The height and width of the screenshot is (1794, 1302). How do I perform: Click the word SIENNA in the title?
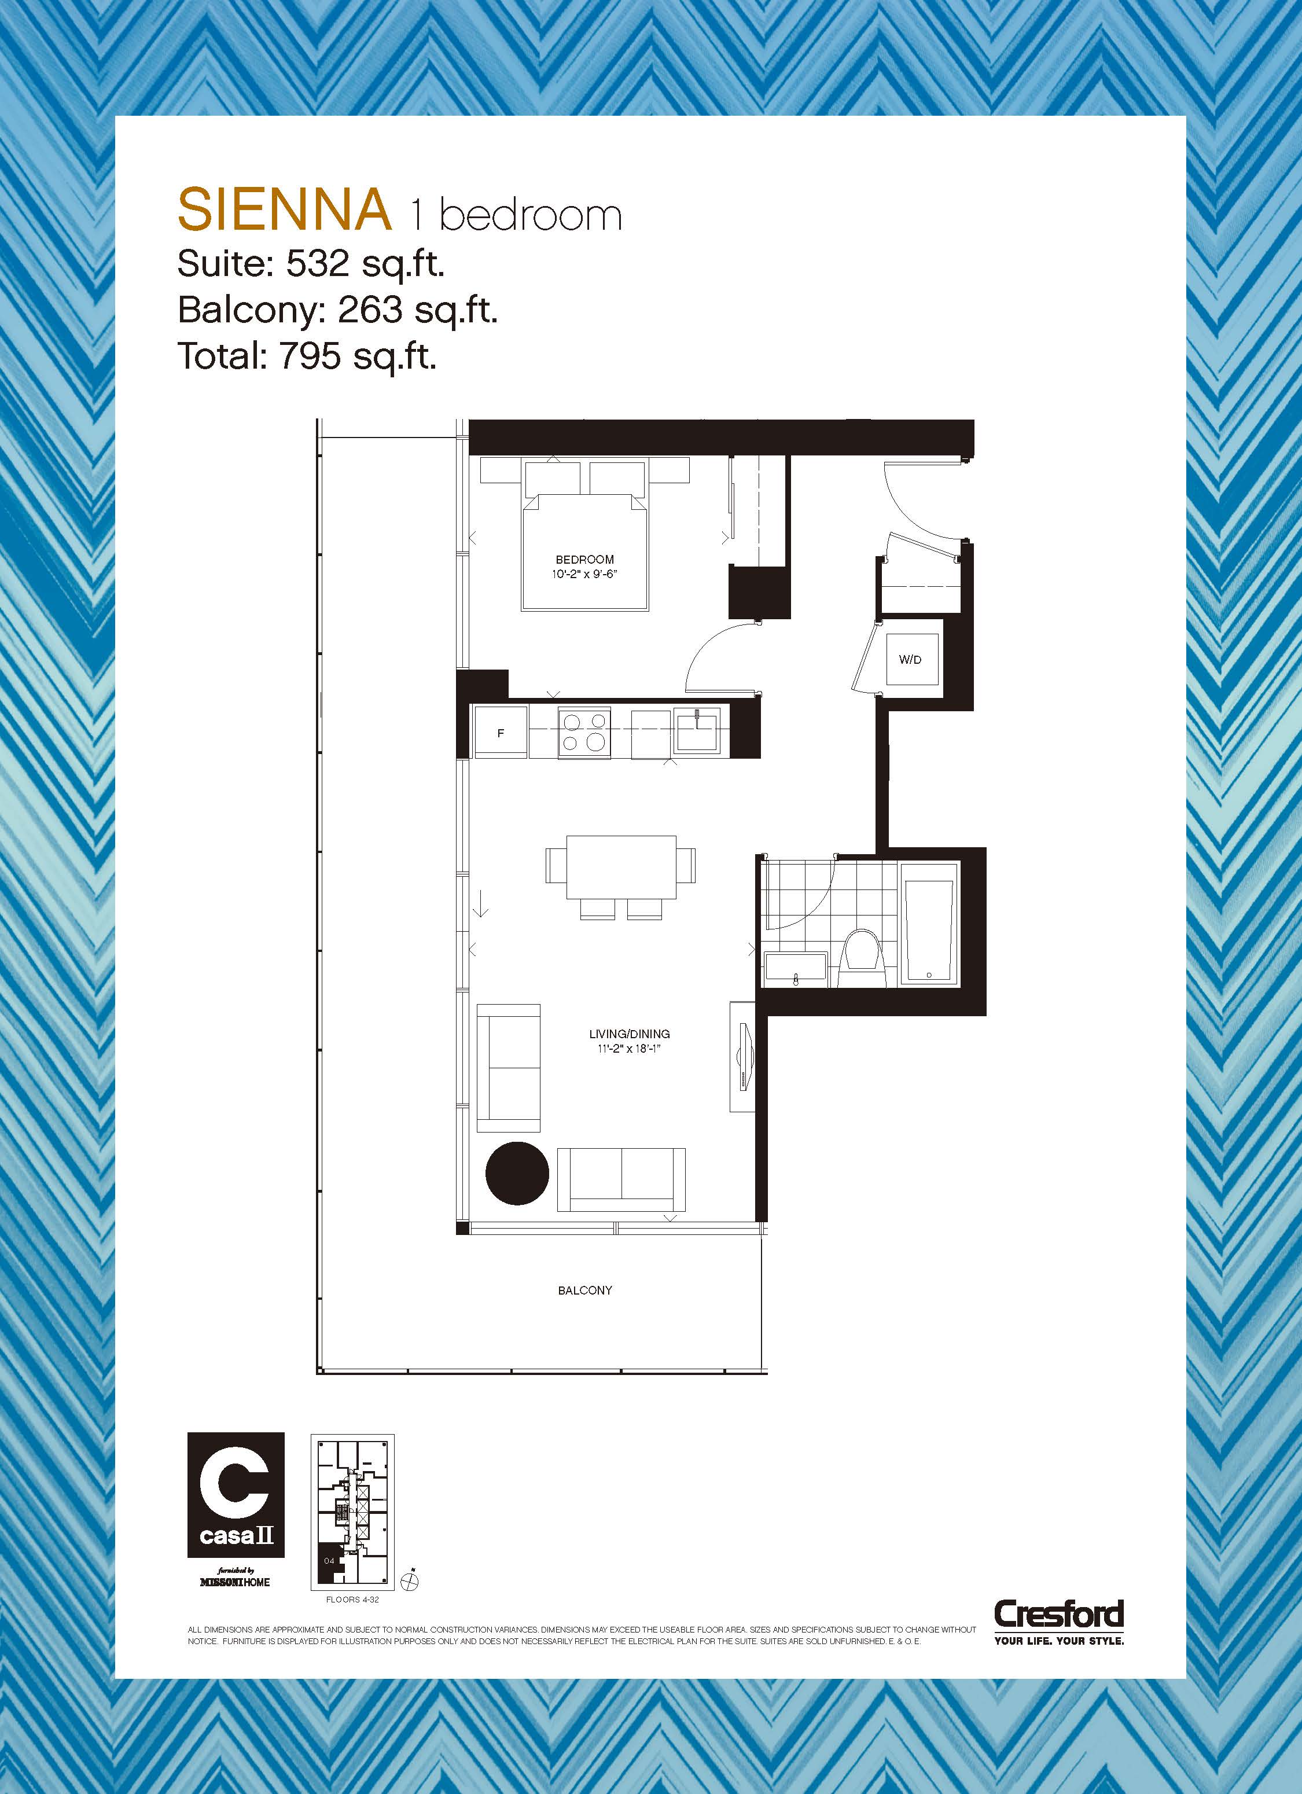point(285,209)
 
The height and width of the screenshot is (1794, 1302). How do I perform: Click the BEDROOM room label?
point(584,559)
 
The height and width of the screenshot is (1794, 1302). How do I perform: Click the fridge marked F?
point(501,733)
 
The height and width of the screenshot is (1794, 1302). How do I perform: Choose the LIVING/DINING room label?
point(630,1034)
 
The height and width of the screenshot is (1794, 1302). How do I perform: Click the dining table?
point(621,867)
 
